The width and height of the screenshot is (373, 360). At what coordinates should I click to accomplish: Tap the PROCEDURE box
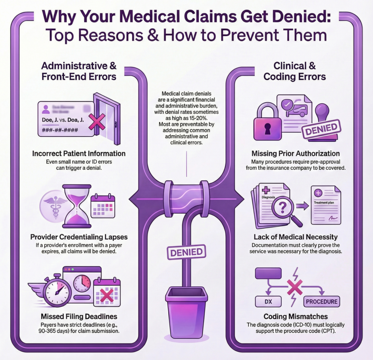[322, 301]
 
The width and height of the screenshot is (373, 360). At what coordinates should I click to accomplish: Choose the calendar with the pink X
[106, 294]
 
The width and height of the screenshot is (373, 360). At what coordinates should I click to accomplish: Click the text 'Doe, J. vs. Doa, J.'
[64, 120]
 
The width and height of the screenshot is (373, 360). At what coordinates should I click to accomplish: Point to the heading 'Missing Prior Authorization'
[296, 153]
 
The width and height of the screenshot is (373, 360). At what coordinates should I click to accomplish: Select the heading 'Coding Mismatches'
[295, 317]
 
